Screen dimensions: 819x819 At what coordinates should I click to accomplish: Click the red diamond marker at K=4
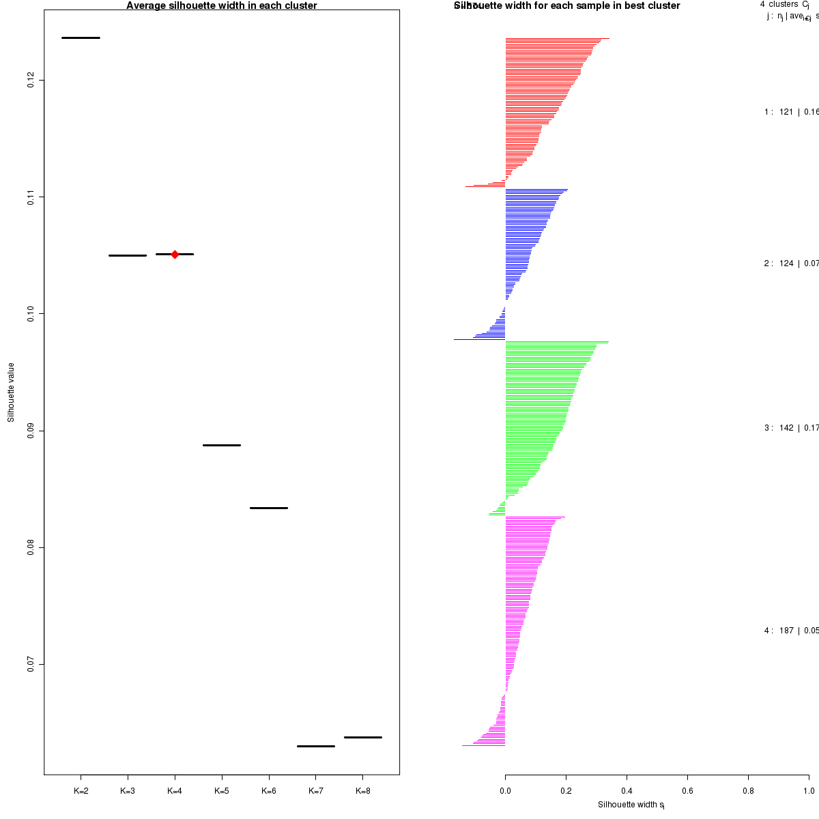(175, 254)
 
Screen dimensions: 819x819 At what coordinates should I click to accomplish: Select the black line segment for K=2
(81, 38)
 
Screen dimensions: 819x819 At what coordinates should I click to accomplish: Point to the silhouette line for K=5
(222, 445)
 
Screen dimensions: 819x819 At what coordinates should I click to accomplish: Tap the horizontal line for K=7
(316, 746)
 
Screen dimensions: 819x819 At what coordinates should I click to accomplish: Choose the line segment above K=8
(362, 737)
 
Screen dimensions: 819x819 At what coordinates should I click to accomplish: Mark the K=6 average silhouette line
(269, 508)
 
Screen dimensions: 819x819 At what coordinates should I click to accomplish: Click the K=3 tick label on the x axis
(128, 791)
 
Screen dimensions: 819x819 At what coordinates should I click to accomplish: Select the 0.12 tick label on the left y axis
(31, 81)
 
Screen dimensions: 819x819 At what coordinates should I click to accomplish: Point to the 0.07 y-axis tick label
(31, 664)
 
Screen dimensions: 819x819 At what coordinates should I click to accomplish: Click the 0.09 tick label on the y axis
(31, 431)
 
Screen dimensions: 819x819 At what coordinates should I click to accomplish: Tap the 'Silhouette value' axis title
(11, 392)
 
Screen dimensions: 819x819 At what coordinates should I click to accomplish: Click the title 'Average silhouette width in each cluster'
(222, 5)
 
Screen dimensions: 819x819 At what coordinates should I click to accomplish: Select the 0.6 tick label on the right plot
(687, 791)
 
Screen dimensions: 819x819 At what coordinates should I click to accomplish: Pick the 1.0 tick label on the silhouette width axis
(809, 791)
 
